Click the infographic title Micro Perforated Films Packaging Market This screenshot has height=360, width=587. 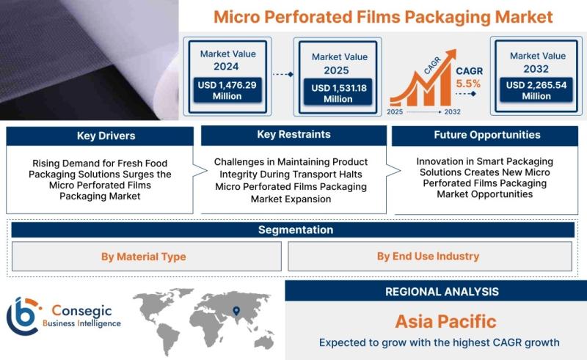(x=383, y=17)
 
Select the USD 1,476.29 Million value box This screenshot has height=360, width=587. (x=227, y=90)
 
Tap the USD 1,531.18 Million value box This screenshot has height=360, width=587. (x=338, y=92)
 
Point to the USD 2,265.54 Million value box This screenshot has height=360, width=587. (x=536, y=90)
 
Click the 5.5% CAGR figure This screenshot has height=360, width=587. (x=468, y=84)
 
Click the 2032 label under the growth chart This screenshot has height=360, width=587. (x=452, y=111)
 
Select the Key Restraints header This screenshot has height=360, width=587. (x=294, y=135)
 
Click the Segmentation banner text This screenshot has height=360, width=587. (x=296, y=229)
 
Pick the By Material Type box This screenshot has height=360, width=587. (x=147, y=257)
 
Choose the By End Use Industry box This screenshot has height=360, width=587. (x=430, y=257)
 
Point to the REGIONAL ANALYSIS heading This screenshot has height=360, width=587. (x=442, y=292)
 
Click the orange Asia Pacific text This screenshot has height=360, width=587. (x=445, y=321)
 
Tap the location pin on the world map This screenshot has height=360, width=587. (x=236, y=311)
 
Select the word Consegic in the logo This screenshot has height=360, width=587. (x=81, y=311)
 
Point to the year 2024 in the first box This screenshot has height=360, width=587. (x=226, y=67)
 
